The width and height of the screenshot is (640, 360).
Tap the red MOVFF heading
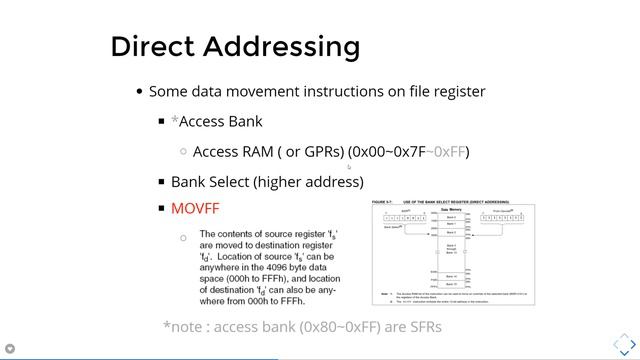tap(194, 208)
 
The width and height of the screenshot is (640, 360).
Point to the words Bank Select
tap(209, 181)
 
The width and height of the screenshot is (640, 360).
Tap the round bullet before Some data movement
tap(139, 91)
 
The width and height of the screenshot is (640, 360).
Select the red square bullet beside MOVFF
tap(161, 208)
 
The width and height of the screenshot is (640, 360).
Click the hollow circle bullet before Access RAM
tap(183, 152)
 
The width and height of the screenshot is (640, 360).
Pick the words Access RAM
tap(231, 152)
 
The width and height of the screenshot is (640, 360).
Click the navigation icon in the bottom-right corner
tap(619, 340)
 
